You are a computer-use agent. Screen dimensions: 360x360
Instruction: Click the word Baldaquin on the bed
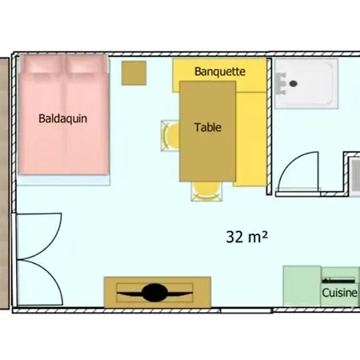(63, 118)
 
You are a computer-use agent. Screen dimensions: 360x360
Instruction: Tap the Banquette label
(220, 71)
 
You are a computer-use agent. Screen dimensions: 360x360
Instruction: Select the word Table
(208, 127)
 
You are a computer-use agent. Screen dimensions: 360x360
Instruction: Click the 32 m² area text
(246, 237)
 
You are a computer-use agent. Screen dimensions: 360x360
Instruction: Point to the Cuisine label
(339, 293)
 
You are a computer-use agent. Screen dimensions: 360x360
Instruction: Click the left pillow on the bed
(42, 65)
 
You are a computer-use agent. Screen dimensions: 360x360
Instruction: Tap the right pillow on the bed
(86, 65)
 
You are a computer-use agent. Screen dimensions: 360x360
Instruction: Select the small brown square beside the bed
(134, 73)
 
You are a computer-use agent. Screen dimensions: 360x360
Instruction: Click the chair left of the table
(170, 136)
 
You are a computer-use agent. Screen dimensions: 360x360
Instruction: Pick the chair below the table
(206, 191)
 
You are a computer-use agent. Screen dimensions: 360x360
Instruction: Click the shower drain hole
(294, 84)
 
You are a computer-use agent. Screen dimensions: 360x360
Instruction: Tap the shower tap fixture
(281, 84)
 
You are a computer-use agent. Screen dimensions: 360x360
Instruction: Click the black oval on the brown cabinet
(154, 293)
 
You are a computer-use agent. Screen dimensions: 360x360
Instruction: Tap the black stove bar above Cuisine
(338, 281)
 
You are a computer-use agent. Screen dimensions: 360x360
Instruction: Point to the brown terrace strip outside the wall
(4, 183)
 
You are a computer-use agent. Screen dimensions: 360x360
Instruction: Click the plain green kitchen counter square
(302, 286)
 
